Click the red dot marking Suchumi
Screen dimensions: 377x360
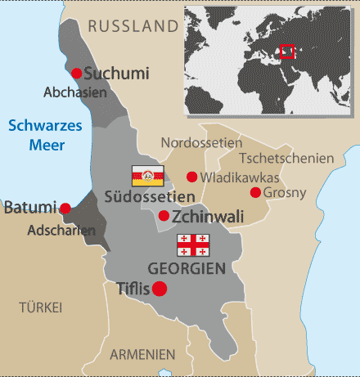coord(77,73)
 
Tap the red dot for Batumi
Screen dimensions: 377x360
coord(65,209)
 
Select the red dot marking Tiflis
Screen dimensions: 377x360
coord(160,288)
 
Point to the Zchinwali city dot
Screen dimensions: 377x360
coord(164,216)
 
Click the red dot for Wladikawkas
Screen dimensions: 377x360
coord(191,177)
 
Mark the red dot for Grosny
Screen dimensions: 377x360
coord(255,192)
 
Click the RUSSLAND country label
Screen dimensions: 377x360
coord(132,27)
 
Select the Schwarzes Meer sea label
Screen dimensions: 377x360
coord(34,134)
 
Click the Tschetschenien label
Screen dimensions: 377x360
coord(286,158)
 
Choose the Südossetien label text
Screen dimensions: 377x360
coord(150,196)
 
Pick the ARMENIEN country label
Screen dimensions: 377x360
coord(143,354)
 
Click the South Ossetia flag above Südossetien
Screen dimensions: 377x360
coord(148,175)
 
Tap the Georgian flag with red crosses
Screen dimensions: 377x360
coord(194,245)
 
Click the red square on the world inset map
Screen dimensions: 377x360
coord(287,51)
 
